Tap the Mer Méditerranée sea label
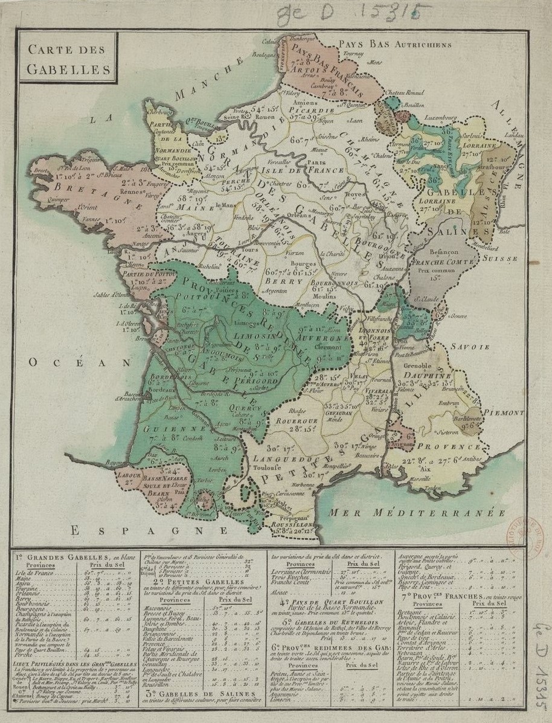(417, 513)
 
